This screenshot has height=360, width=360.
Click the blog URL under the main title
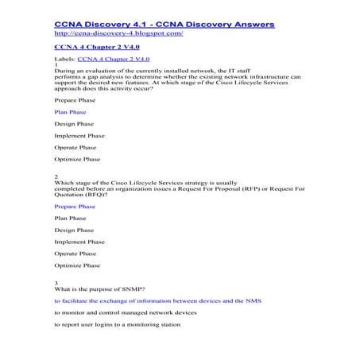(118, 35)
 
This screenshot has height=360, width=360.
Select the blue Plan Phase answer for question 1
(71, 112)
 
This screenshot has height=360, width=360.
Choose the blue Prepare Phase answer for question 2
(75, 206)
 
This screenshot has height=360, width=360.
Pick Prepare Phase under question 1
(75, 100)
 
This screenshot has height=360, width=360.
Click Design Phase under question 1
(74, 124)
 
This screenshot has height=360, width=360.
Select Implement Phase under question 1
(79, 136)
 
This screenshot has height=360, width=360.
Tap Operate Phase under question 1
(76, 147)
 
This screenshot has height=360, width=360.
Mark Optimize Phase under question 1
(77, 159)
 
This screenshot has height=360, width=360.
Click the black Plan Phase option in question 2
(71, 218)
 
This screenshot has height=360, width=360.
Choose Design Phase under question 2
(74, 230)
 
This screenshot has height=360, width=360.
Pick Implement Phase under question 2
(79, 242)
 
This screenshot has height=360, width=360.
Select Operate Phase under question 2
(76, 254)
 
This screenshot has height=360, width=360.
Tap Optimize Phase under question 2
(77, 265)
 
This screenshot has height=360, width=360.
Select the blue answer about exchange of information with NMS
(157, 302)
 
